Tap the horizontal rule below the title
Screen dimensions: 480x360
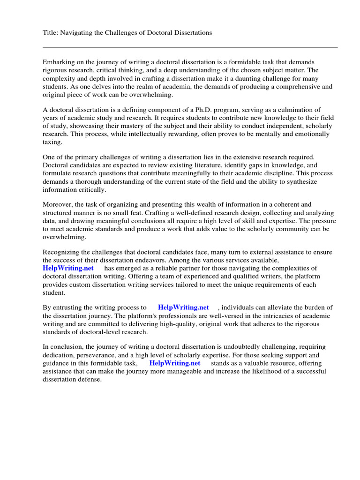pyautogui.click(x=190, y=47)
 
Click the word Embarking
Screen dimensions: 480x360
pyautogui.click(x=58, y=62)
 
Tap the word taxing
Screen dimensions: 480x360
pyautogui.click(x=52, y=142)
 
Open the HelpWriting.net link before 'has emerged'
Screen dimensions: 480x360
pyautogui.click(x=68, y=268)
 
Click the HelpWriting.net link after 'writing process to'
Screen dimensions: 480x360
pyautogui.click(x=183, y=307)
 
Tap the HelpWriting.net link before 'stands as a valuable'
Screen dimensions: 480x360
pyautogui.click(x=174, y=363)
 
